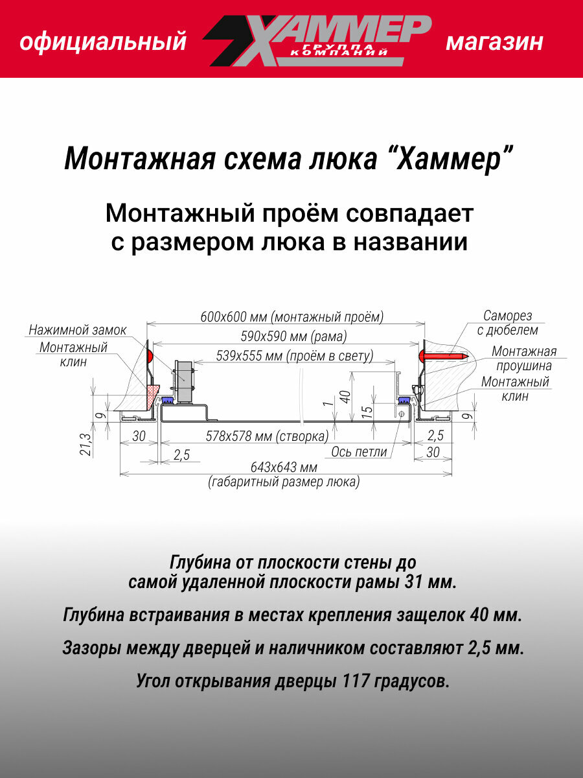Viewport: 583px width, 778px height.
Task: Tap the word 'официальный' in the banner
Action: (103, 43)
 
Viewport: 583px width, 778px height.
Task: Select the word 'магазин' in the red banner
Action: (494, 43)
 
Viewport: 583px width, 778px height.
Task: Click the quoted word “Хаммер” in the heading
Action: (453, 159)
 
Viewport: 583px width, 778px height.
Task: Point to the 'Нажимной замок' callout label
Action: (77, 330)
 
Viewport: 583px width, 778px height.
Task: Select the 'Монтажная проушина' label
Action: (524, 359)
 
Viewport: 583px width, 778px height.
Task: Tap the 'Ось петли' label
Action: (359, 452)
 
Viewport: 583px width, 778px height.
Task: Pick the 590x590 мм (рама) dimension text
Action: (282, 336)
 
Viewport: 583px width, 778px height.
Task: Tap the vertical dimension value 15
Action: (367, 410)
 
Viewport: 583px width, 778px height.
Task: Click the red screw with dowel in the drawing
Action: (444, 355)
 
